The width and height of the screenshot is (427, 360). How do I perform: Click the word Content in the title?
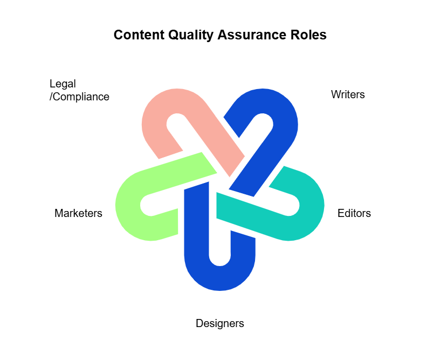[x=137, y=35]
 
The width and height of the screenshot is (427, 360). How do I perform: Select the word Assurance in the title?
[x=246, y=35]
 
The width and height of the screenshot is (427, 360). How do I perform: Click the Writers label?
[x=348, y=94]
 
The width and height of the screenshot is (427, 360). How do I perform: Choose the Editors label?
[x=354, y=213]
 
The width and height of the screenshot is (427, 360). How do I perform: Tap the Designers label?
[x=219, y=323]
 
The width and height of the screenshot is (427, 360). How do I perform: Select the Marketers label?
[x=78, y=213]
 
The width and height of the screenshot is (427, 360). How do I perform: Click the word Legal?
[x=63, y=84]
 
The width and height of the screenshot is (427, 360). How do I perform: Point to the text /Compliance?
[x=79, y=97]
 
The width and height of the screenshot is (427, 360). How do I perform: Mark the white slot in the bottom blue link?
[x=219, y=243]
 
